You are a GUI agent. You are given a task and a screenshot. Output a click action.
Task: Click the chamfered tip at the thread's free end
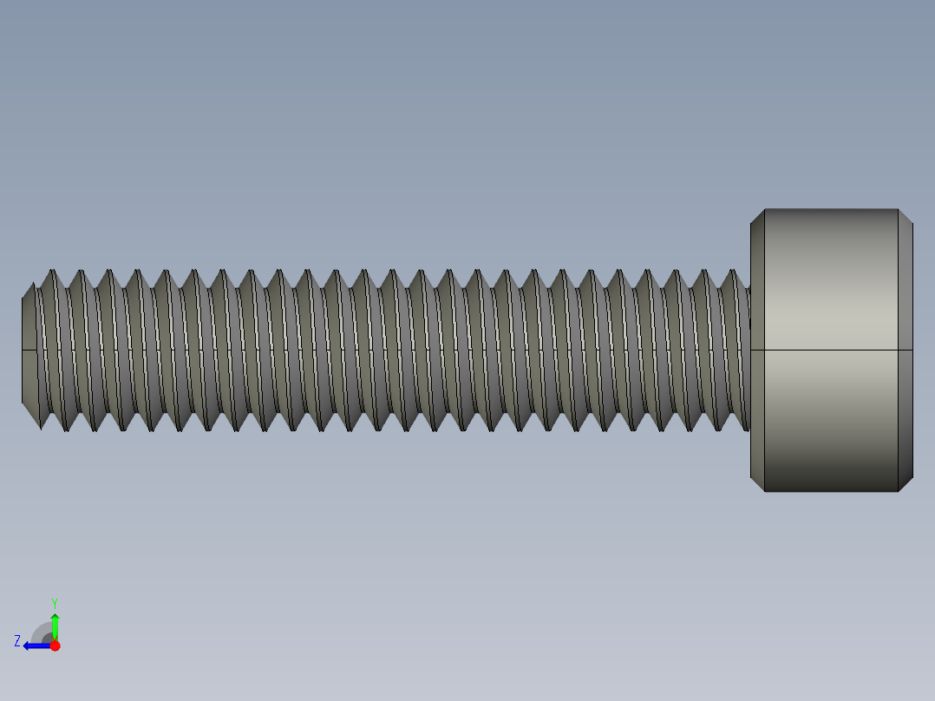tap(29, 350)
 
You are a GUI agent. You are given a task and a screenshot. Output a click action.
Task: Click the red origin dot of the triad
tap(55, 645)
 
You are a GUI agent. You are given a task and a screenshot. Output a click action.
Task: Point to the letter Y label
tap(54, 602)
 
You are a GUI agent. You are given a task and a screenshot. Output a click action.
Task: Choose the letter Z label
tap(17, 641)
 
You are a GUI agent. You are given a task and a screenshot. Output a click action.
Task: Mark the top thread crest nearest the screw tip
tap(52, 272)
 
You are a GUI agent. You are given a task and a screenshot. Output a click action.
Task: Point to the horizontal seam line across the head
tap(830, 350)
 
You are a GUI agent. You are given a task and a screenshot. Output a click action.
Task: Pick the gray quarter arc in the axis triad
tap(41, 632)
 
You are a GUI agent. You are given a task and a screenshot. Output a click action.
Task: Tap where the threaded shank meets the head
tap(749, 350)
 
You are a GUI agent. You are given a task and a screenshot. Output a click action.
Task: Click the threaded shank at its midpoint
tap(386, 350)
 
